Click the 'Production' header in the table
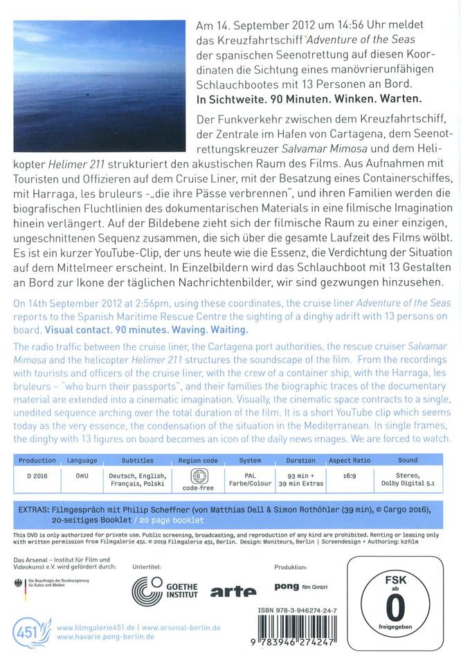click(x=37, y=460)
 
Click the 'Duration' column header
click(x=300, y=460)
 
